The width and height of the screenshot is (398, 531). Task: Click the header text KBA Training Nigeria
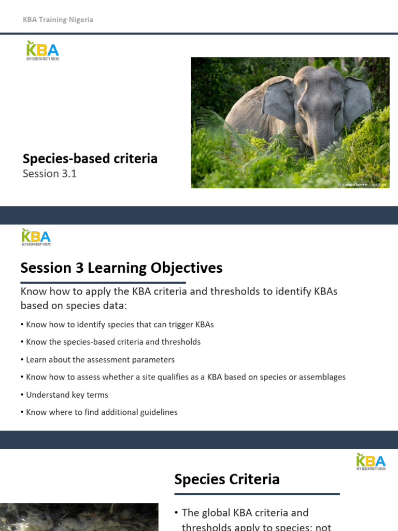[x=58, y=20]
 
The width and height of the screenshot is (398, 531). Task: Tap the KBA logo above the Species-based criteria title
[x=42, y=50]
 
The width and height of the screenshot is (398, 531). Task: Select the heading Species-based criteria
[x=90, y=158]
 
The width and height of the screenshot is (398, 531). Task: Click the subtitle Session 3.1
[x=49, y=174]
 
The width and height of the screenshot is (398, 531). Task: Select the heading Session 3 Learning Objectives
[x=121, y=268]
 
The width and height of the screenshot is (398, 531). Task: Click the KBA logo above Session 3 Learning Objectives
[x=36, y=236]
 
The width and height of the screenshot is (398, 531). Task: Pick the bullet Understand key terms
[x=66, y=395]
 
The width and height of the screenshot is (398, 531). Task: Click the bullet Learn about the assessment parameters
[x=99, y=359]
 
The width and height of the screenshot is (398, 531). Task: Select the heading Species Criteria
[x=227, y=479]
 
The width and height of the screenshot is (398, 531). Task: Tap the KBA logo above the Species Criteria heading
[x=371, y=462]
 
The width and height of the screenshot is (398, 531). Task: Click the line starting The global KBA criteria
[x=245, y=512]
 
